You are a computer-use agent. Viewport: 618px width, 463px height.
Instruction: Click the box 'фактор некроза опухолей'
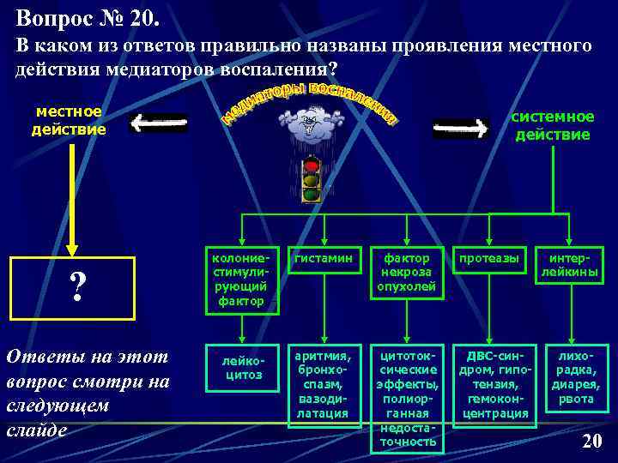pos(408,274)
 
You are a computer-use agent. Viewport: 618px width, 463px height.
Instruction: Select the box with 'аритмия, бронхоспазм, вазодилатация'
pos(323,383)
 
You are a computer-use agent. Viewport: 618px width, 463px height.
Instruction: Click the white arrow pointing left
pos(159,124)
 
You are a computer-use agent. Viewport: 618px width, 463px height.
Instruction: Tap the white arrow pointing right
pos(461,129)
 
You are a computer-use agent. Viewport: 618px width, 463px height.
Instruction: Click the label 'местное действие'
pos(69,121)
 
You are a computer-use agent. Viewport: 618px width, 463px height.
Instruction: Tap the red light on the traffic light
pos(312,165)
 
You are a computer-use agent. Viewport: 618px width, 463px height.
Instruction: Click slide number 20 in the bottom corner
pos(591,442)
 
